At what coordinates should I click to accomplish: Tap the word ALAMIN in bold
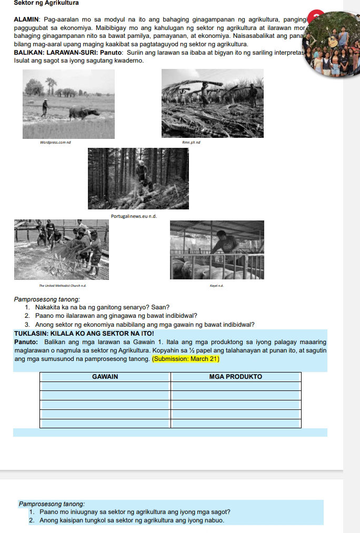coord(27,19)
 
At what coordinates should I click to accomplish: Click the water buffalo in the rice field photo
coord(83,112)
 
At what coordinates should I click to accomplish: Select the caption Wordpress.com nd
coord(56,143)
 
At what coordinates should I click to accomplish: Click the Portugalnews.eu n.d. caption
coord(135,216)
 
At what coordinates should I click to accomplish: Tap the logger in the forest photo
coord(143,174)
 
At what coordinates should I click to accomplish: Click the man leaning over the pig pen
coord(226,247)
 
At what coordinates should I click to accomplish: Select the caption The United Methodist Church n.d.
coord(62,285)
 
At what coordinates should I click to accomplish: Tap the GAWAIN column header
coord(105,377)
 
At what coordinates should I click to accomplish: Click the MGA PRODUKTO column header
coord(235,377)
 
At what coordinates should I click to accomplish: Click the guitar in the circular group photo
coord(333,41)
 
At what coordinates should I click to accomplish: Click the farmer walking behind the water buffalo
coord(45,108)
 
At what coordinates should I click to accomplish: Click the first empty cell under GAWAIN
coord(105,387)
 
